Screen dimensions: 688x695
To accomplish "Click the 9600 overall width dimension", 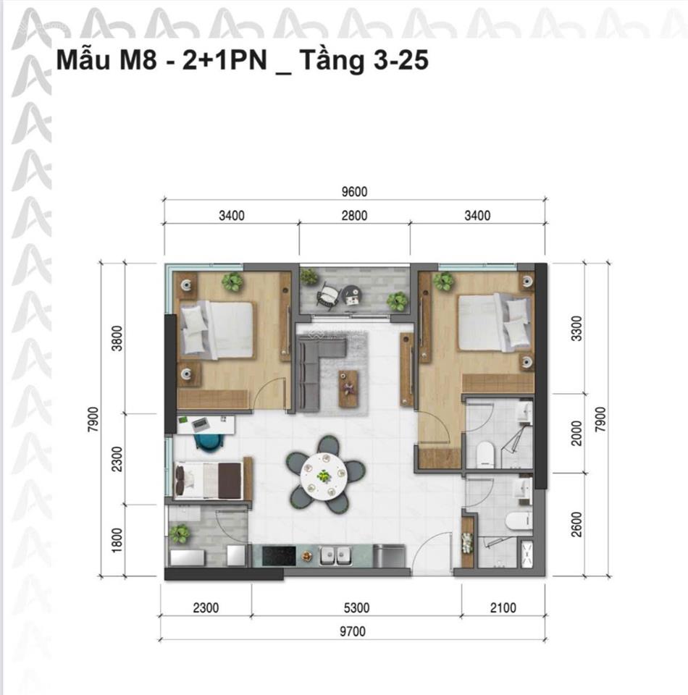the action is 354,191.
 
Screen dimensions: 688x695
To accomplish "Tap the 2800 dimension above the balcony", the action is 354,216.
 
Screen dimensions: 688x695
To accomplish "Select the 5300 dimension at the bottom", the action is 356,607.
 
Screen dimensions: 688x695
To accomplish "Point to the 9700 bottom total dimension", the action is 353,631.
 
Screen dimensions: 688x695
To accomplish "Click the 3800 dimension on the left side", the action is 117,338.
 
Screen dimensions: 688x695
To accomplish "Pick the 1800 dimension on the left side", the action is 117,540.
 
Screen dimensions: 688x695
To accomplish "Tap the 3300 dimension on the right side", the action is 576,329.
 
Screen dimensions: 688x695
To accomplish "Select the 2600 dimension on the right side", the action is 576,524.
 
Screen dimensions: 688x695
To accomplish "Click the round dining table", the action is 323,475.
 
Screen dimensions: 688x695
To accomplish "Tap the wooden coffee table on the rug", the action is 348,389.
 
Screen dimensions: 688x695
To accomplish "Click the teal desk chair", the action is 209,442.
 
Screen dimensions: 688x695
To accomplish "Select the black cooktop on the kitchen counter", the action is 279,555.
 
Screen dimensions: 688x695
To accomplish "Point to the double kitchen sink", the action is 335,555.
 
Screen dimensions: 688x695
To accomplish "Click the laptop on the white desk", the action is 201,425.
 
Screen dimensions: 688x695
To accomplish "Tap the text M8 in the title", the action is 138,60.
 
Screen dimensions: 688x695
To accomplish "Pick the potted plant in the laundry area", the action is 180,534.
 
